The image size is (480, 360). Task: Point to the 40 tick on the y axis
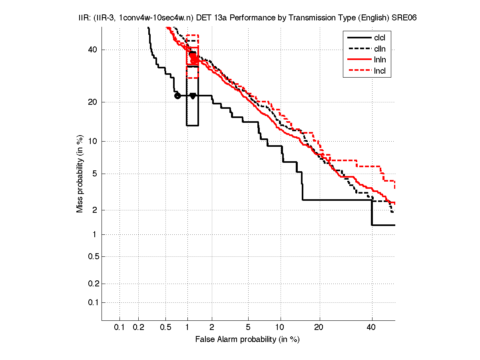[92, 50]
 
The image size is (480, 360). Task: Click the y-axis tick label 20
[92, 102]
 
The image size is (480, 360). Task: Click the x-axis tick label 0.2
[138, 328]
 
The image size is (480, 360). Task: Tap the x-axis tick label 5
[248, 328]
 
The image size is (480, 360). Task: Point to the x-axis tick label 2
[212, 328]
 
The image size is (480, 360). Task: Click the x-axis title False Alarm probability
[247, 340]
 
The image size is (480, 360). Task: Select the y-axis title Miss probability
[80, 174]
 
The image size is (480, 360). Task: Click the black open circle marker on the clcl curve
[177, 96]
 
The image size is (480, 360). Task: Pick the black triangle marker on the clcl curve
[193, 96]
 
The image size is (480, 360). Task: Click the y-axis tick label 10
[92, 141]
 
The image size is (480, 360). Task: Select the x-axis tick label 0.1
[120, 328]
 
